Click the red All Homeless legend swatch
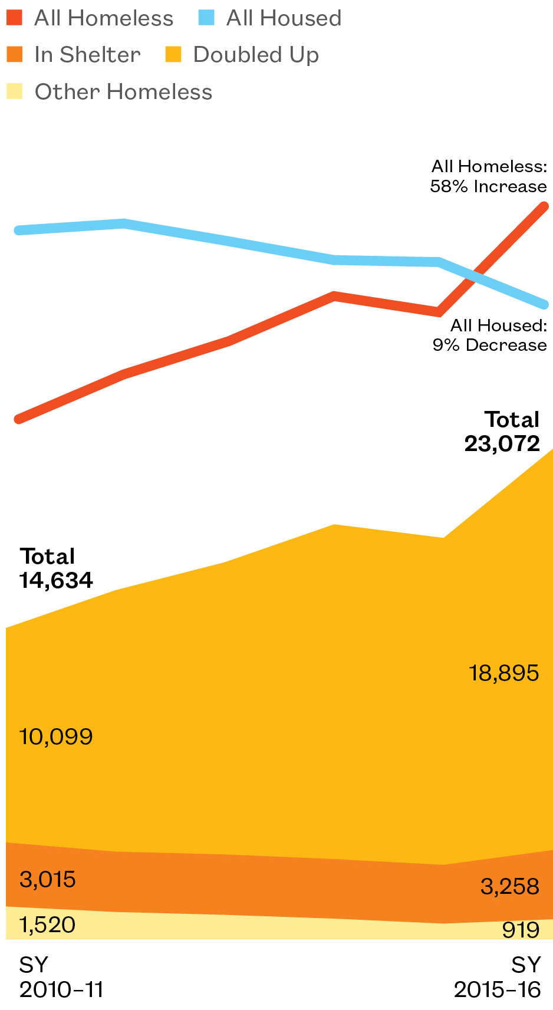click(x=15, y=18)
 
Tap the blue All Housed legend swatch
click(x=206, y=18)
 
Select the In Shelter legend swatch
click(x=15, y=55)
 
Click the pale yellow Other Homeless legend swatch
click(x=15, y=92)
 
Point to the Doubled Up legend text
click(x=256, y=55)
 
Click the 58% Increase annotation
click(x=489, y=187)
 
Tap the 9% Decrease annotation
click(x=490, y=345)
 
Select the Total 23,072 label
click(x=503, y=432)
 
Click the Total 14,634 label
click(x=56, y=568)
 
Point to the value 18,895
click(x=503, y=673)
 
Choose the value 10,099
click(x=56, y=736)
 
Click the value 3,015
click(x=47, y=880)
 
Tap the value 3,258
click(x=509, y=886)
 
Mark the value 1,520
click(x=47, y=925)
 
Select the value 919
click(x=521, y=930)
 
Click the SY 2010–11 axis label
click(x=61, y=977)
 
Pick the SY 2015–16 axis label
click(x=497, y=977)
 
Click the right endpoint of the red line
click(x=545, y=206)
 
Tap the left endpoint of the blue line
click(x=19, y=231)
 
